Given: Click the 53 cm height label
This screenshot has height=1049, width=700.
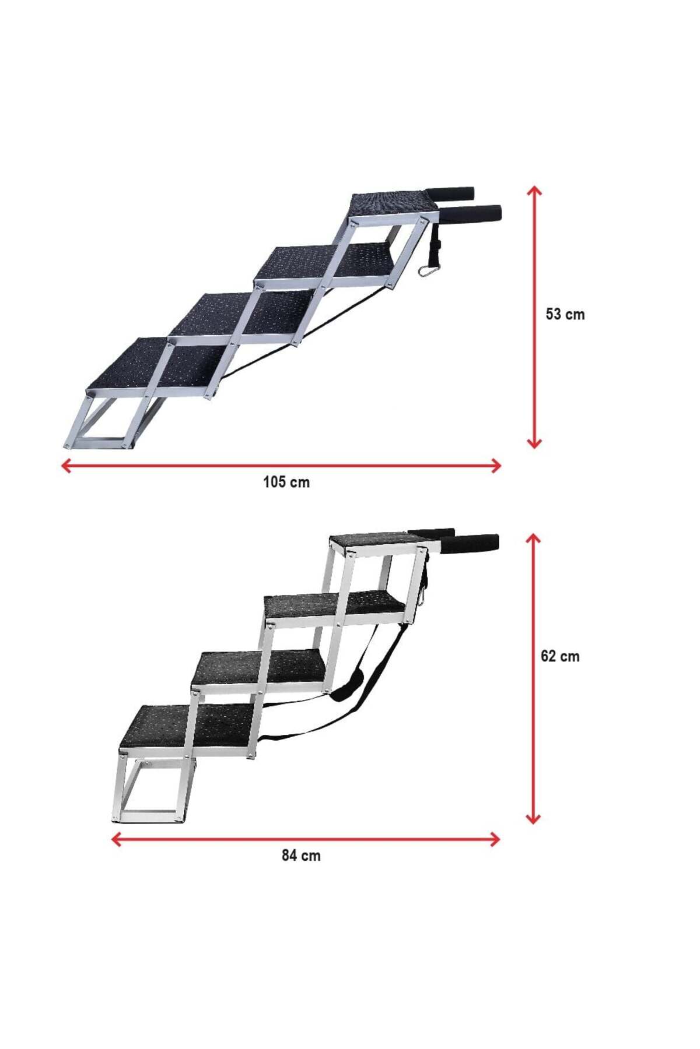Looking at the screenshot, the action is (565, 314).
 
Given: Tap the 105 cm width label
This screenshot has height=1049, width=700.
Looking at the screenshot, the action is (286, 483).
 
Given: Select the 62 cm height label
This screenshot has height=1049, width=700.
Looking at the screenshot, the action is (560, 656).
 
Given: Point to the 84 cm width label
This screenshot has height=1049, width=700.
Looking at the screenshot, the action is (301, 856).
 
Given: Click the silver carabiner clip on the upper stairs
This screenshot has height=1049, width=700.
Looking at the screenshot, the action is (426, 270).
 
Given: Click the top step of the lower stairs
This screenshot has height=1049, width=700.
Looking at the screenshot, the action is (376, 542).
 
